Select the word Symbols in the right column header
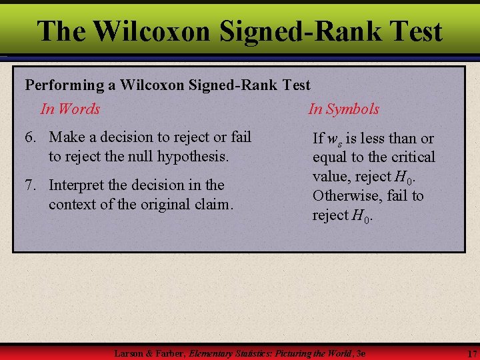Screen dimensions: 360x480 [x=353, y=109]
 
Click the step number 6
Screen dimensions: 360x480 [x=30, y=137]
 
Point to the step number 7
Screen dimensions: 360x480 [x=30, y=185]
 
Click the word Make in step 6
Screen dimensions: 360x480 [x=65, y=137]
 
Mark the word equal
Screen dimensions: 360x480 [x=329, y=158]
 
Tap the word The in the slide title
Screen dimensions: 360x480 [x=61, y=31]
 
